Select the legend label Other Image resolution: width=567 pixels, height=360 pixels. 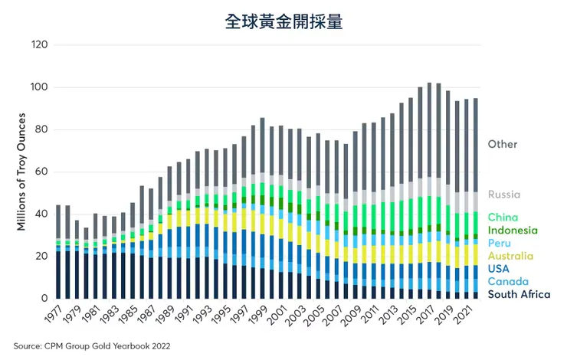tap(503, 144)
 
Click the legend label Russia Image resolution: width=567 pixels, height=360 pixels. tap(504, 195)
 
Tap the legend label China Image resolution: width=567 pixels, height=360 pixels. tap(503, 218)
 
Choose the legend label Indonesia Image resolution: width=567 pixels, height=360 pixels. tap(513, 230)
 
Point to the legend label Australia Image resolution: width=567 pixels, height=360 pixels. tap(511, 256)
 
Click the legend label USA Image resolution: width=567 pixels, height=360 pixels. tap(500, 269)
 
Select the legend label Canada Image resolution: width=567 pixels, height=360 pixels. tap(507, 281)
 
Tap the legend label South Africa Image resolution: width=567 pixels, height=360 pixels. tap(519, 294)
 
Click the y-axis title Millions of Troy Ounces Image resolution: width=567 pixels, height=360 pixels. tap(21, 172)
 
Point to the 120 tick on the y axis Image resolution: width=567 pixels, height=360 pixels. tap(40, 45)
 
